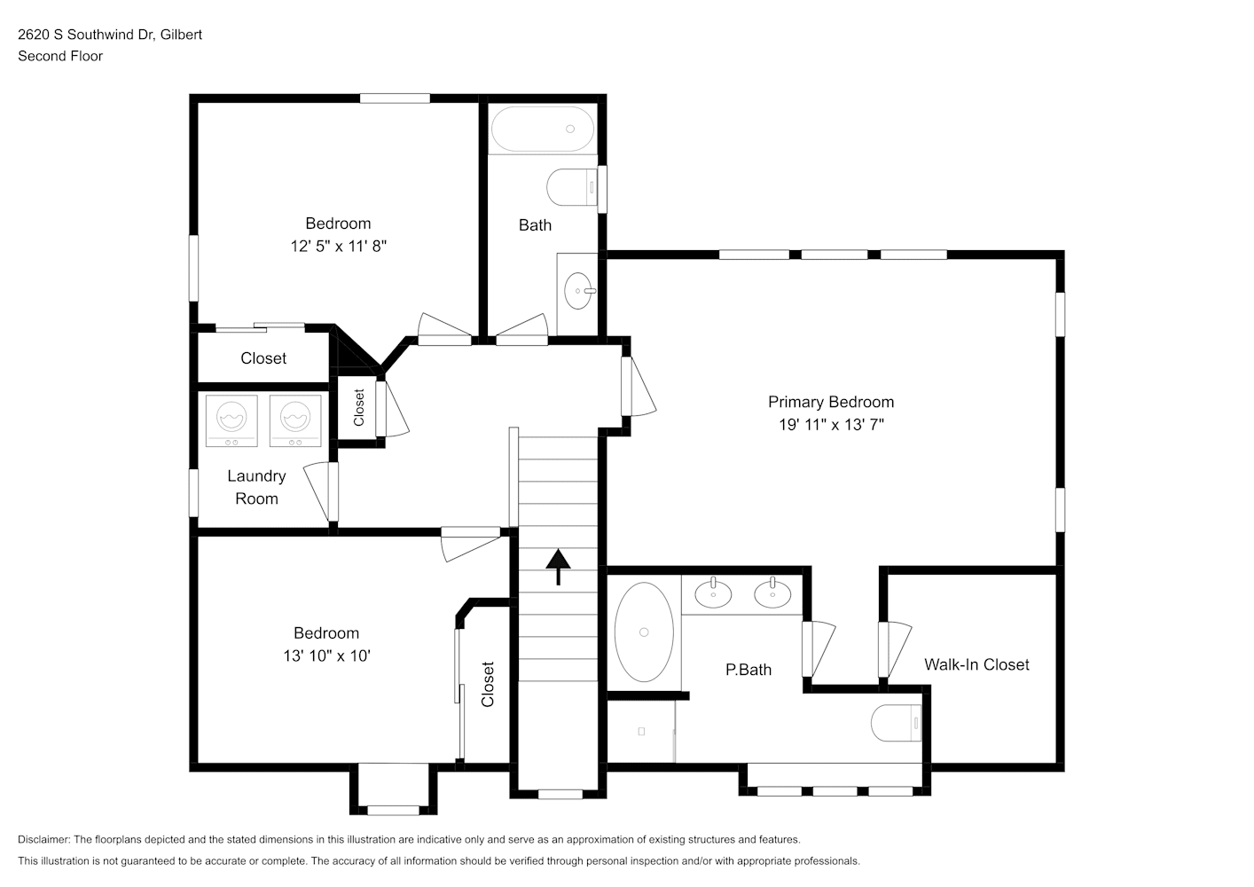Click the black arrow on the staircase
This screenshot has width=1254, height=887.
[x=558, y=567]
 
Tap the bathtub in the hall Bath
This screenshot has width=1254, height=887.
[x=543, y=129]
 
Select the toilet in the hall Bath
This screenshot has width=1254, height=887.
[x=572, y=187]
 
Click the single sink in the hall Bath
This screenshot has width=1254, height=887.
[x=579, y=291]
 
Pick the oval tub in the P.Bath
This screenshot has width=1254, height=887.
[x=644, y=632]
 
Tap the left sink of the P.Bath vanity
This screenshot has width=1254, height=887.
[x=713, y=593]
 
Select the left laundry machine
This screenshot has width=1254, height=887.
[x=231, y=421]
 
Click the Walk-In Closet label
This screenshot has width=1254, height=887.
[x=976, y=664]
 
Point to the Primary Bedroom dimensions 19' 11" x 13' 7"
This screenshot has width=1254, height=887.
[x=831, y=425]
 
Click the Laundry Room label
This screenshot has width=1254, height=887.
[x=256, y=487]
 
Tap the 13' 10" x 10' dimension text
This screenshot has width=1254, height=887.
[x=327, y=655]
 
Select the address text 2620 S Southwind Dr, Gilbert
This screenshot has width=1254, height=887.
[x=110, y=35]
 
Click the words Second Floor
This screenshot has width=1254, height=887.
[x=60, y=56]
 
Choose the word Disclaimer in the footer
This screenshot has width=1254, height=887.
[x=43, y=839]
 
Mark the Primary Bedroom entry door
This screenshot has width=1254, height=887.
[x=638, y=387]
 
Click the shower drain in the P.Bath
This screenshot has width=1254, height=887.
[x=641, y=731]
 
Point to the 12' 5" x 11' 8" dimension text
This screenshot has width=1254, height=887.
[x=339, y=247]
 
